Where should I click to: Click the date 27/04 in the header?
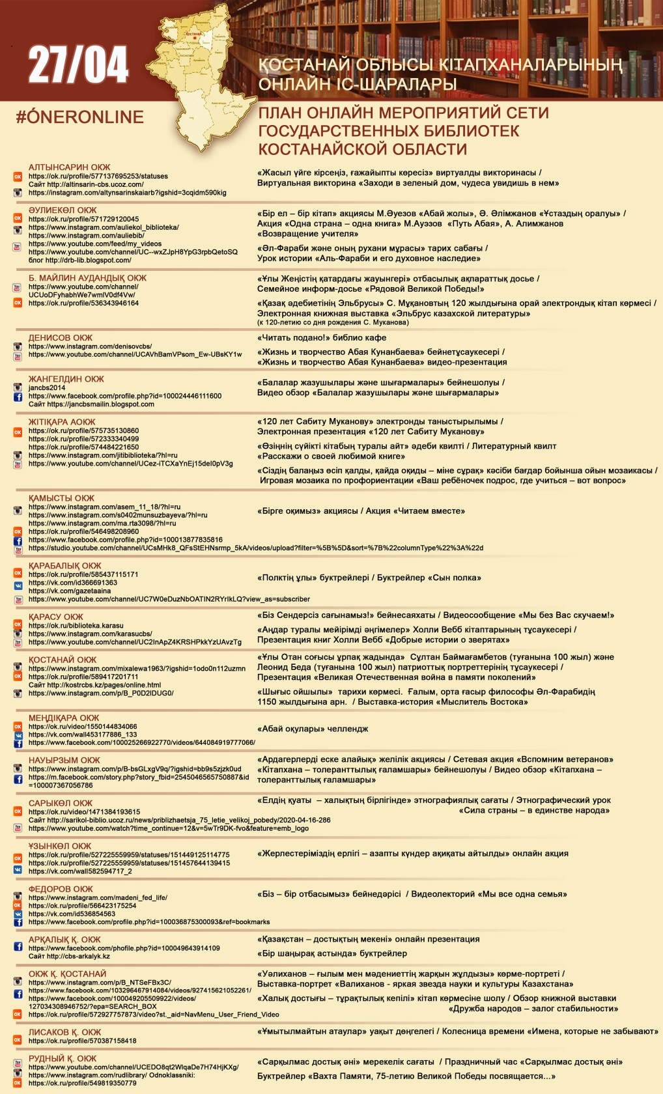click(78, 65)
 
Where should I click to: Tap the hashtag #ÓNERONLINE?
click(79, 117)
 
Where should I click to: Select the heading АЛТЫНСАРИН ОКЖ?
click(69, 167)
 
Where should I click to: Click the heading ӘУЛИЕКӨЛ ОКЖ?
click(63, 210)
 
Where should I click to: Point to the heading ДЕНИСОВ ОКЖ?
click(61, 338)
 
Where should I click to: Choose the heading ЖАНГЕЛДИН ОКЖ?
click(66, 379)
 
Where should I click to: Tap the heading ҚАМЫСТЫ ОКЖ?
click(61, 498)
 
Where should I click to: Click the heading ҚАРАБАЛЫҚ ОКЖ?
click(65, 566)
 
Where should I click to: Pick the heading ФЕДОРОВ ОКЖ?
click(61, 889)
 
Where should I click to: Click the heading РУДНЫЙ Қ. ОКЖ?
click(63, 1058)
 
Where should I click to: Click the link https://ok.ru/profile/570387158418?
click(83, 1041)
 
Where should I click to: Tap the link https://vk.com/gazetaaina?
click(70, 591)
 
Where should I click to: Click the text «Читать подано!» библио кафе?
click(322, 338)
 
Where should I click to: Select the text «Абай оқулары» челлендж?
click(313, 729)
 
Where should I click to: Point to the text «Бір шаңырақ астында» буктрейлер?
click(332, 953)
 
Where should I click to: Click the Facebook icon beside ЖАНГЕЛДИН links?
click(18, 397)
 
